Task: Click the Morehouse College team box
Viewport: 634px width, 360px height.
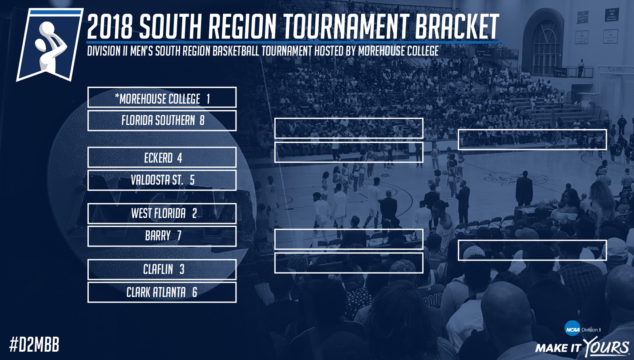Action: pos(162,97)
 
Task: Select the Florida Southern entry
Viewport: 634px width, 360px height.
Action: pos(162,121)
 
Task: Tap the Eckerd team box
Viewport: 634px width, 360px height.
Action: pos(162,157)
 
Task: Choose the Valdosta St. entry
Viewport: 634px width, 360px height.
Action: pos(162,180)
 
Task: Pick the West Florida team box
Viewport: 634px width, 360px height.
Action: pos(162,213)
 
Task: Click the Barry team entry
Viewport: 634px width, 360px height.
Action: pos(162,236)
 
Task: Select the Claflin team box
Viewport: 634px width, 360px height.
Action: pos(162,270)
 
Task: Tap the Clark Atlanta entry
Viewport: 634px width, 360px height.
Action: pos(162,292)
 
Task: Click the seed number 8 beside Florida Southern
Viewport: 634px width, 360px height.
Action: pos(202,120)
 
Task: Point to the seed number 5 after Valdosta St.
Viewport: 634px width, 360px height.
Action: pos(192,180)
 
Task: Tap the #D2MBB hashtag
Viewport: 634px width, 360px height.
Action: pos(34,345)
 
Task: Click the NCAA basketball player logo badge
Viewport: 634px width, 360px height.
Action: pos(50,45)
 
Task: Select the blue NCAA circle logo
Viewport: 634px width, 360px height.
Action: pos(572,328)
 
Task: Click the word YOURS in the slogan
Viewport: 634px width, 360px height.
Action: pos(606,347)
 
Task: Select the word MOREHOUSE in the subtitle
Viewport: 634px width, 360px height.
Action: pos(378,51)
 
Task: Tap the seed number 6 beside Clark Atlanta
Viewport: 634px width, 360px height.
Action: pos(195,292)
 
